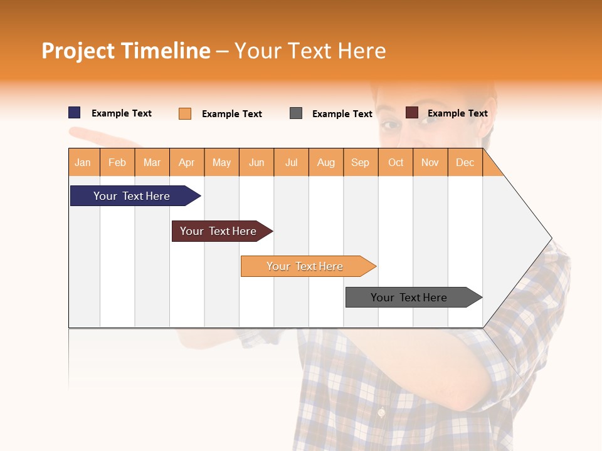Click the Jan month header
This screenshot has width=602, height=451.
83,163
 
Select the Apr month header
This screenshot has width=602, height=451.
187,163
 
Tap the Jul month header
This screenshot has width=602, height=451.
291,163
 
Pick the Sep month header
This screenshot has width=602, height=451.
360,163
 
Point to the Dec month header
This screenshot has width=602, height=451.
465,163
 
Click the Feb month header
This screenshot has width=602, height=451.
117,163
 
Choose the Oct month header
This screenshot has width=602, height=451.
395,163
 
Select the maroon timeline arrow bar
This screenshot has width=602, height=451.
220,231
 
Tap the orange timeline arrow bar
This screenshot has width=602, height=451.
306,266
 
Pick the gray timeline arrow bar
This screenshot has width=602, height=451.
411,298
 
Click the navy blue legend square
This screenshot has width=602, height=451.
75,113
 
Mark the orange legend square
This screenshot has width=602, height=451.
185,113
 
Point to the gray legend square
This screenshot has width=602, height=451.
296,113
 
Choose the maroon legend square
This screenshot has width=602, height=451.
412,113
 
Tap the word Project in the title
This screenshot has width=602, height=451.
78,51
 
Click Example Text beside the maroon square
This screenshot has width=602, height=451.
457,113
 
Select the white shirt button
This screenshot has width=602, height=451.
381,413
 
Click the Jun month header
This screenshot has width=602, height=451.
256,163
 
